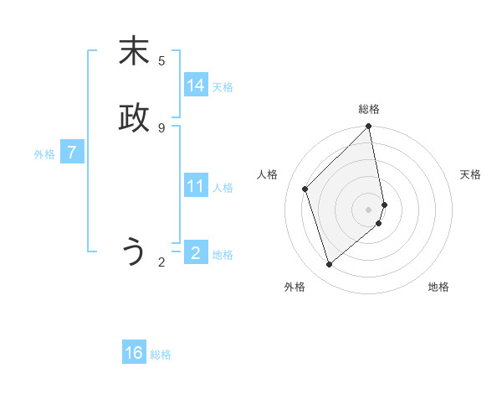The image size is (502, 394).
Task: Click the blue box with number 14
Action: pos(196,86)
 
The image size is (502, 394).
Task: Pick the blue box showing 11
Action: pos(196,186)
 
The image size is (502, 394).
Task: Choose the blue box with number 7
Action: pos(73,153)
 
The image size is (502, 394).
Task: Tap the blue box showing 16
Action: pos(134,353)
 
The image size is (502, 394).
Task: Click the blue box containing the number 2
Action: pos(196,252)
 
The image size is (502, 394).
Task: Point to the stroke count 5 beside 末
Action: pos(161,61)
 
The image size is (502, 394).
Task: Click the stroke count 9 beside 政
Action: pos(161,127)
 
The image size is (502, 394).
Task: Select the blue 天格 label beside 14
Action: pos(223,87)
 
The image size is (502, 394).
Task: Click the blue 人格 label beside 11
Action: pos(223,188)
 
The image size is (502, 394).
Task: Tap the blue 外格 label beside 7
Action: pos(44,154)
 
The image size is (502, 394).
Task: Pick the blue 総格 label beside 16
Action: pos(161,355)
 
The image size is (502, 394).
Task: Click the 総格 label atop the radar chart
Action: pos(369,109)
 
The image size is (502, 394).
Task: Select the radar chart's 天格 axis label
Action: pos(470,174)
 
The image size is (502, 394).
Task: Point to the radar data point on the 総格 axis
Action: pos(369,127)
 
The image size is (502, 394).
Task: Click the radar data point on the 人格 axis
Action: pos(305,189)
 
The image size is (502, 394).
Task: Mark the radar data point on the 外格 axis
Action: pos(329,265)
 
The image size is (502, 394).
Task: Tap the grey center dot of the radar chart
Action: pos(369,209)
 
